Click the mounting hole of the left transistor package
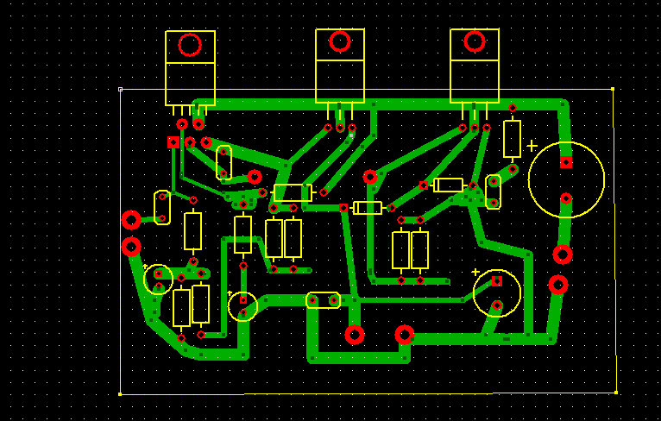[x=190, y=45]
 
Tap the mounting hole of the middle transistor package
[x=340, y=41]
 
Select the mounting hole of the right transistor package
[x=475, y=41]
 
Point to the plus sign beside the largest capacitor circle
[x=532, y=146]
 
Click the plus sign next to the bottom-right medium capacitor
[x=475, y=273]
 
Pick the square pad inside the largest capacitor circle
[x=566, y=162]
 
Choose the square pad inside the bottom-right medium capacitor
[x=497, y=280]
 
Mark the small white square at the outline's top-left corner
[x=120, y=89]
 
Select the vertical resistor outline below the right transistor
[x=513, y=139]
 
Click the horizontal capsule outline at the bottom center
[x=324, y=300]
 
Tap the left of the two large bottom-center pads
[x=355, y=335]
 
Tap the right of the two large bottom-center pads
[x=405, y=335]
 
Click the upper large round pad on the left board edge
[x=131, y=220]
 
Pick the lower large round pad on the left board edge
[x=131, y=248]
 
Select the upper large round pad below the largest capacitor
[x=563, y=254]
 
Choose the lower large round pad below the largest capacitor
[x=558, y=285]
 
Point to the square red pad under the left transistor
[x=173, y=141]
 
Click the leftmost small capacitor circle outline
[x=159, y=280]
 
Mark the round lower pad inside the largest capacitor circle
[x=566, y=198]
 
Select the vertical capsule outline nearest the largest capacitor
[x=494, y=192]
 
